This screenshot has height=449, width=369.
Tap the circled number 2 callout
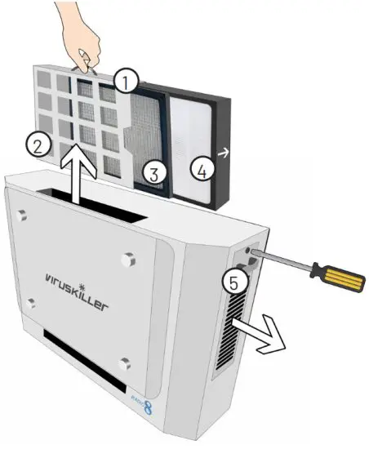coord(34,144)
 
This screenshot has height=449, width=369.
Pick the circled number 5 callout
coord(233,282)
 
